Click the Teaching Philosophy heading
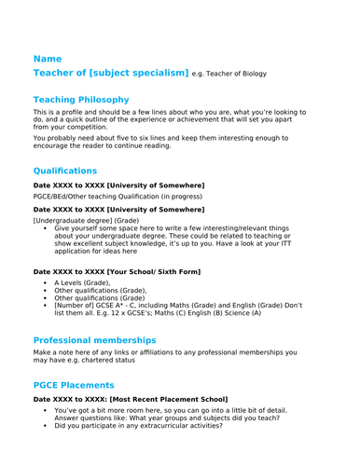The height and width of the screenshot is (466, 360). [80, 100]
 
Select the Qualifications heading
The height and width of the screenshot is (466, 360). [64, 171]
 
